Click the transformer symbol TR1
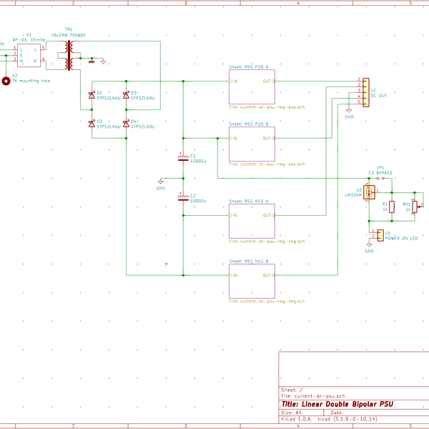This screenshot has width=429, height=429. [69, 55]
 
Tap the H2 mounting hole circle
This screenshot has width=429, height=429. [6, 81]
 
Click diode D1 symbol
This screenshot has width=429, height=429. [92, 95]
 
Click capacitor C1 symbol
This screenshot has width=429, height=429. [183, 157]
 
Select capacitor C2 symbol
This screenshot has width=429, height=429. [183, 197]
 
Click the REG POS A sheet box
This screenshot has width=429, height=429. [252, 87]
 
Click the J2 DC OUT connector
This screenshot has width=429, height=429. [365, 92]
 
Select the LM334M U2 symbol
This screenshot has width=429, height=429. [370, 192]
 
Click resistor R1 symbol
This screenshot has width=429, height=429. [392, 207]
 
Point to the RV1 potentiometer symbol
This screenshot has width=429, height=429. [415, 207]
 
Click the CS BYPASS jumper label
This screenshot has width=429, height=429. [380, 172]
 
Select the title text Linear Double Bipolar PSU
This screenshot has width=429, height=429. [337, 404]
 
